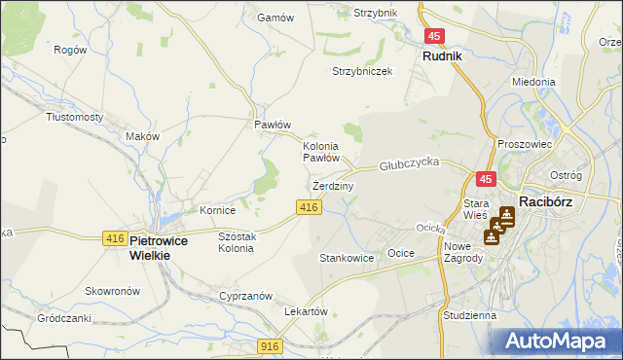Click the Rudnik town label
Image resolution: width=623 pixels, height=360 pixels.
click(x=442, y=56)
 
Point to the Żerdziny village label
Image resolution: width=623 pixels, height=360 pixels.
click(x=333, y=185)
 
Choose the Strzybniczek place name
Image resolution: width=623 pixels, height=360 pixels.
click(x=362, y=71)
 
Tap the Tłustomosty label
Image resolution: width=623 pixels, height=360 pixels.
click(x=75, y=117)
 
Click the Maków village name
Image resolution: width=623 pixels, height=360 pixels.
click(x=142, y=136)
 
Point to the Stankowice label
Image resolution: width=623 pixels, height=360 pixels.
click(x=347, y=259)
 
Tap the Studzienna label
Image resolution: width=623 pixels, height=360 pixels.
click(x=468, y=315)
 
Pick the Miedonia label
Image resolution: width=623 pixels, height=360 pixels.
click(x=533, y=83)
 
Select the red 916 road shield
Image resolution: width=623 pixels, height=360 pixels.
click(x=271, y=345)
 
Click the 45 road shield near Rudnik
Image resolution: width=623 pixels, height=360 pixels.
click(x=434, y=36)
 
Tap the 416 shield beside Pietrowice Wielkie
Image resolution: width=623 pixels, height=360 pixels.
click(x=114, y=238)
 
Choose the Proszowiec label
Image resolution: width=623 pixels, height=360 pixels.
click(x=525, y=144)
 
